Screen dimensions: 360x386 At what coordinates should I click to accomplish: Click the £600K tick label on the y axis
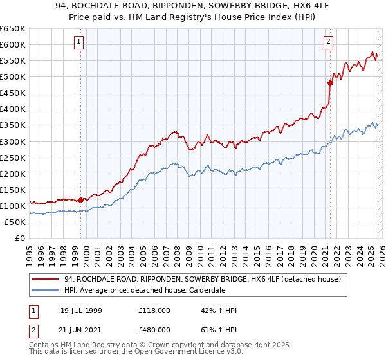coord(13,44)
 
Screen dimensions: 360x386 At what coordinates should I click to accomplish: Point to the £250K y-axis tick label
coord(13,157)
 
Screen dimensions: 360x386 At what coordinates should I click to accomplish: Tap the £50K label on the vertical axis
coord(15,222)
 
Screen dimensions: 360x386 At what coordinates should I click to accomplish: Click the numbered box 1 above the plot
coord(79,42)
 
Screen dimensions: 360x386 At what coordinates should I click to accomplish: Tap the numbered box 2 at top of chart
coord(328,42)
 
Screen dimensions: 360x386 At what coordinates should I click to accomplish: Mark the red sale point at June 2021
coord(330,83)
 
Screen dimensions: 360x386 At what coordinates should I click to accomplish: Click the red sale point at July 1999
coord(80,199)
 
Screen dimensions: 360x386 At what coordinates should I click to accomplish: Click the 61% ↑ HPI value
coord(219,330)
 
